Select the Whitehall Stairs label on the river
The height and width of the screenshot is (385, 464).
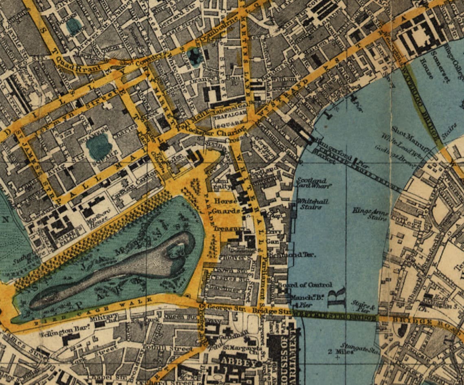312,204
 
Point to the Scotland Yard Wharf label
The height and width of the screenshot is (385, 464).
311,183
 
